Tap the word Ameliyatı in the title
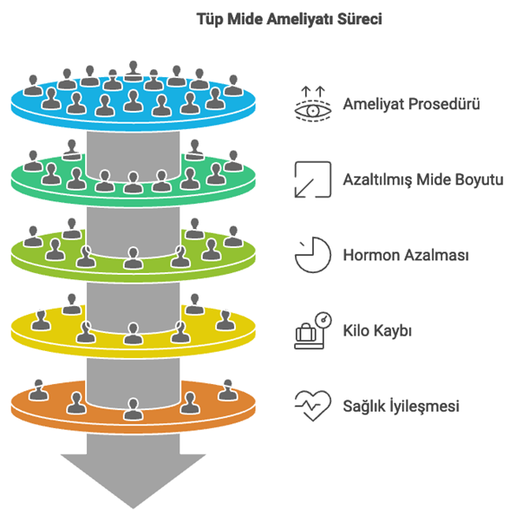coord(294,17)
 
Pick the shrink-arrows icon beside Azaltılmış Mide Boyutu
coord(312,179)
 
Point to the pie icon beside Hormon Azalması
coord(312,255)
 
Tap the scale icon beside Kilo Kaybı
coord(312,330)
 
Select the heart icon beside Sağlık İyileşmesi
coord(312,405)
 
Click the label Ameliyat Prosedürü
coord(412,105)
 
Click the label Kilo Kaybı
coord(377,331)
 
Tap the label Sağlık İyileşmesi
coord(401,406)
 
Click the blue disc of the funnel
coord(52,108)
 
